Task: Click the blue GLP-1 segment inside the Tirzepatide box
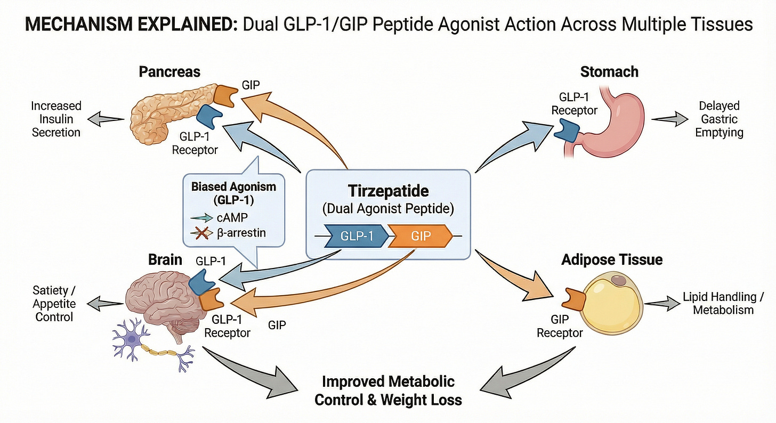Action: point(358,235)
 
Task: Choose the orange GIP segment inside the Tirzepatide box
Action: point(421,235)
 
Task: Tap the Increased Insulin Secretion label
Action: point(55,119)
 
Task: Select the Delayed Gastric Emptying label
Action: point(719,119)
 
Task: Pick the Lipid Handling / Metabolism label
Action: point(723,303)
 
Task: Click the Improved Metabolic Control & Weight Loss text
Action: point(387,390)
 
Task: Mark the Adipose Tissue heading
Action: point(612,259)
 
